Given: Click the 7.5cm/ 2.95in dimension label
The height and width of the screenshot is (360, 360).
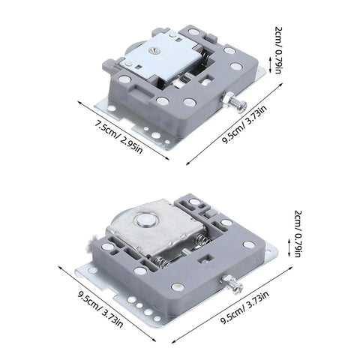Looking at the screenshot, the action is tap(118, 138).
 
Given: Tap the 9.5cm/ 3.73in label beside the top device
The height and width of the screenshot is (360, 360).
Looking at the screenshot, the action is tap(244, 124).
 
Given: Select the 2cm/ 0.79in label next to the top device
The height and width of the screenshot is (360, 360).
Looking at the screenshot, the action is tap(278, 50).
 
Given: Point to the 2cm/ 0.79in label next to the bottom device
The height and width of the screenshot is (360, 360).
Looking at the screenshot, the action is tap(298, 234).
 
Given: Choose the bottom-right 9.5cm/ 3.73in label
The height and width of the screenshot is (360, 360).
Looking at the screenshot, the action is tap(245, 307).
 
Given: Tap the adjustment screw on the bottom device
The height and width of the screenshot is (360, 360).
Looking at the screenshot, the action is tap(232, 285).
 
